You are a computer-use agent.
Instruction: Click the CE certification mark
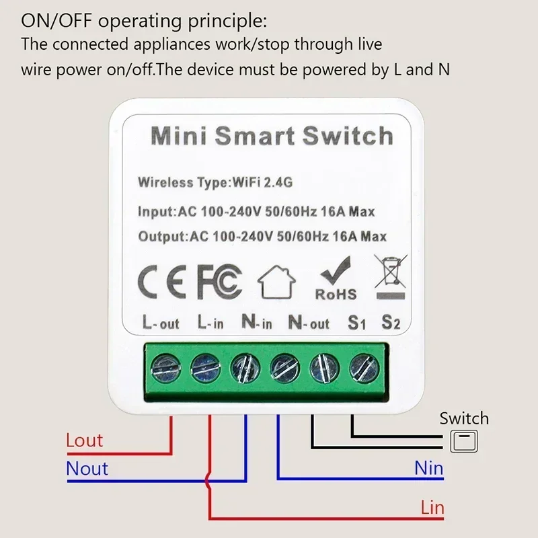(162, 282)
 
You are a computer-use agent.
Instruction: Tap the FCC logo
(220, 282)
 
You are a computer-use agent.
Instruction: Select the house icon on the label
(276, 282)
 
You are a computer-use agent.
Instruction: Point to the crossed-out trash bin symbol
(391, 277)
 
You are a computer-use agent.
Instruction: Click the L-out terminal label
(161, 323)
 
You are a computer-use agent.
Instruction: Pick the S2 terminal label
(391, 323)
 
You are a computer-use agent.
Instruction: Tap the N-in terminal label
(257, 322)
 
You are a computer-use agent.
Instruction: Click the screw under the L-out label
(165, 368)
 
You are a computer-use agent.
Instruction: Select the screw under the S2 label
(364, 368)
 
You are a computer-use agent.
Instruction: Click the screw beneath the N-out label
(284, 368)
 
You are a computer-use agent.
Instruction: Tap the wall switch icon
(464, 441)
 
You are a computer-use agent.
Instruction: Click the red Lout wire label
(85, 440)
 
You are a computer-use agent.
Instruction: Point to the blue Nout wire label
(87, 469)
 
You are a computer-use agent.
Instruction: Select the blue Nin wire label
(428, 468)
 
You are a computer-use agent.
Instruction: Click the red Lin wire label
(432, 508)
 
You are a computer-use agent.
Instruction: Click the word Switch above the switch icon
(464, 418)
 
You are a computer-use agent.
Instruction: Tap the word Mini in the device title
(179, 136)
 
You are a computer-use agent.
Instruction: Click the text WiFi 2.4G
(262, 182)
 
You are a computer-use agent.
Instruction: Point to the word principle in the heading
(227, 22)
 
